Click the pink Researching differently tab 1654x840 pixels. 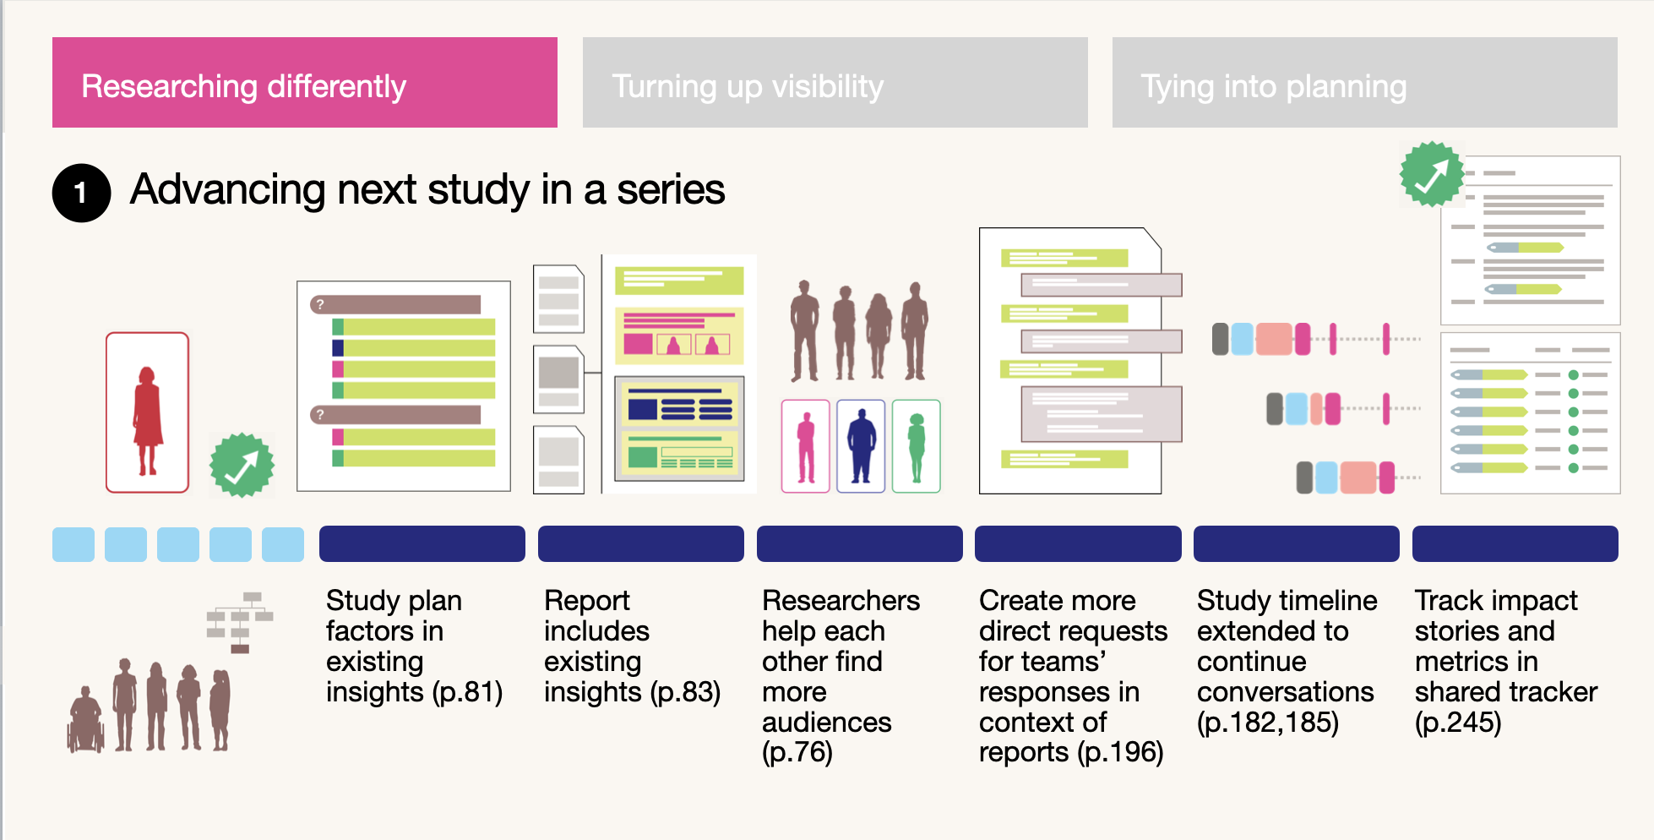(x=304, y=83)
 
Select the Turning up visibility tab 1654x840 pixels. (x=835, y=83)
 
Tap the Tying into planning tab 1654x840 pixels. (x=1364, y=83)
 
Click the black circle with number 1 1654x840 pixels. (x=81, y=193)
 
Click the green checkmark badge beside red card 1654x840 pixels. (x=242, y=465)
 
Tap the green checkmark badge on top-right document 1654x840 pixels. (x=1432, y=174)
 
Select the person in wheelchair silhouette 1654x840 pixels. (x=85, y=721)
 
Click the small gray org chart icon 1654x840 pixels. (x=241, y=622)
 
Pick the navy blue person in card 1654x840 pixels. (x=861, y=445)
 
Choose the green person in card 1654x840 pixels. (x=916, y=446)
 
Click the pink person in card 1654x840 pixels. (x=806, y=446)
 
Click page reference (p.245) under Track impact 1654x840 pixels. (x=1458, y=723)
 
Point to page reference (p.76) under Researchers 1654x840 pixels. (x=797, y=752)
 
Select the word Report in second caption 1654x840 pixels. (x=587, y=601)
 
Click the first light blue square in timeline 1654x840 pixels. (x=73, y=544)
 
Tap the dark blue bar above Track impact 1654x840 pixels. (x=1515, y=543)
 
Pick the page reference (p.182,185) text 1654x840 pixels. (x=1267, y=723)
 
